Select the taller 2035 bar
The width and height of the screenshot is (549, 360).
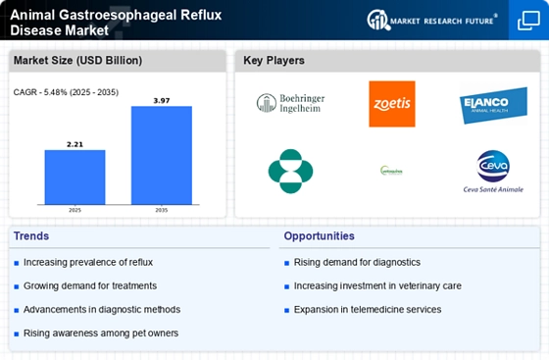click(x=162, y=154)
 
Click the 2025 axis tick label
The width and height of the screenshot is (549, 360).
click(x=74, y=210)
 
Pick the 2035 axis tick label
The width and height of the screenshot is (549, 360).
click(x=162, y=210)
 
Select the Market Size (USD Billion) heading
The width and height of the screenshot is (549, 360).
click(x=76, y=61)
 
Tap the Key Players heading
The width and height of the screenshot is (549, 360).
click(x=274, y=61)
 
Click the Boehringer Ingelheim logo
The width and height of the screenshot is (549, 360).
click(x=289, y=103)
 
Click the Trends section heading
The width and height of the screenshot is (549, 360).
click(x=31, y=236)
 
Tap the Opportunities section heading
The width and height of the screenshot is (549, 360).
click(x=319, y=236)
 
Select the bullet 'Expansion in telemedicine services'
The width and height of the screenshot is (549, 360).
click(x=367, y=310)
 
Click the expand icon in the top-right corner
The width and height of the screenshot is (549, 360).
click(x=527, y=20)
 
